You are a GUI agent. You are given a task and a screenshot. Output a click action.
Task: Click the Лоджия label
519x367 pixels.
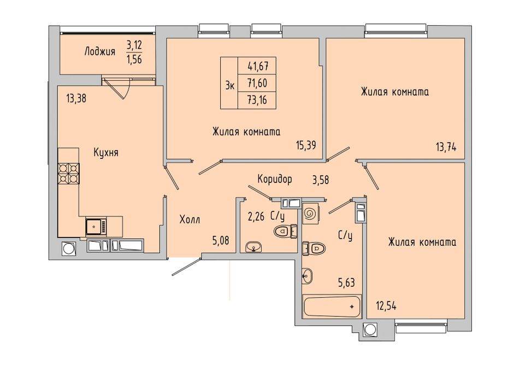(x=100, y=52)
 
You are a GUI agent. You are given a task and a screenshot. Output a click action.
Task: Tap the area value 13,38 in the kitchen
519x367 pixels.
(x=76, y=98)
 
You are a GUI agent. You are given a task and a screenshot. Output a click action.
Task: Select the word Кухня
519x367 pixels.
(x=106, y=153)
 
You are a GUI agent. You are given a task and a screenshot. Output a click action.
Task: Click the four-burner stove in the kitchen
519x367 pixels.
(x=69, y=174)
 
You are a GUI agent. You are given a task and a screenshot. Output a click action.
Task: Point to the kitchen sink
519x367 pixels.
(x=96, y=227)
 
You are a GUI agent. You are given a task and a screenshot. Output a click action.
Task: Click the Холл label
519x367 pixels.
(x=190, y=220)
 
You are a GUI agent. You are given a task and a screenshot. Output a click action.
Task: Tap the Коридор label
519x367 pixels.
(x=275, y=179)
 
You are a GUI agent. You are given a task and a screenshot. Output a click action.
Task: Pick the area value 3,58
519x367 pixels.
(x=321, y=181)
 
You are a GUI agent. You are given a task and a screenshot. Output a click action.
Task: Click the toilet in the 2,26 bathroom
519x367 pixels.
(x=286, y=231)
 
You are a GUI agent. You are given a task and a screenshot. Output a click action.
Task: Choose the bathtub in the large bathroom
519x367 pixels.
(x=332, y=307)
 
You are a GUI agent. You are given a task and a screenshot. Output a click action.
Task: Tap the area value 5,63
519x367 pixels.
(x=346, y=282)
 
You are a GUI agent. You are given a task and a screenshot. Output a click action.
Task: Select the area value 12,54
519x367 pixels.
(x=386, y=306)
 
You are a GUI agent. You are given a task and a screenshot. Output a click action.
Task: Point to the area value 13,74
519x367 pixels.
(x=446, y=146)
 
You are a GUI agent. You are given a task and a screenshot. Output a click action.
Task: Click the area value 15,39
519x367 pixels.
(x=306, y=145)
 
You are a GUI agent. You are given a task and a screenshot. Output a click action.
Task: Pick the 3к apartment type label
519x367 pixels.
(x=230, y=86)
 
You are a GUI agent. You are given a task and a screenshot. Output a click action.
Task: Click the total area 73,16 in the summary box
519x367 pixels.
(x=257, y=99)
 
